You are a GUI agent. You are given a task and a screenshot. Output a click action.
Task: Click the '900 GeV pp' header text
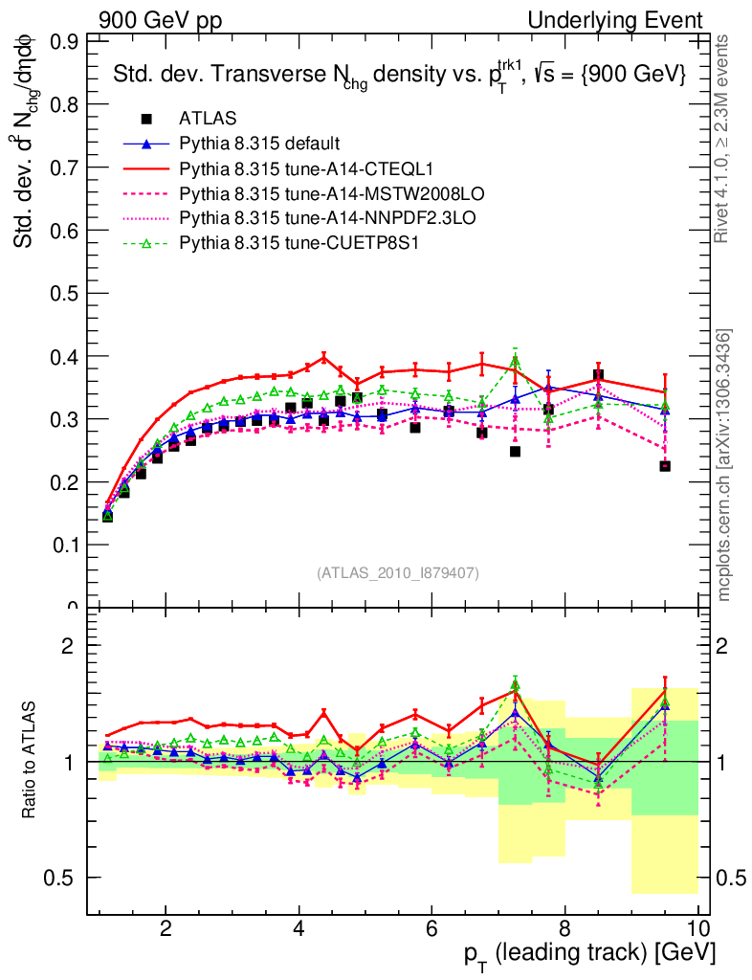pyautogui.click(x=160, y=20)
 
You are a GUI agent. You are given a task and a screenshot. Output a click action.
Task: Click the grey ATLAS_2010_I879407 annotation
pyautogui.click(x=398, y=572)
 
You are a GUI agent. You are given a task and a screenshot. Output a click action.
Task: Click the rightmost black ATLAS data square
pyautogui.click(x=665, y=466)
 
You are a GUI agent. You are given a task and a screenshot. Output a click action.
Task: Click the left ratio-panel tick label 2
pyautogui.click(x=68, y=646)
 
